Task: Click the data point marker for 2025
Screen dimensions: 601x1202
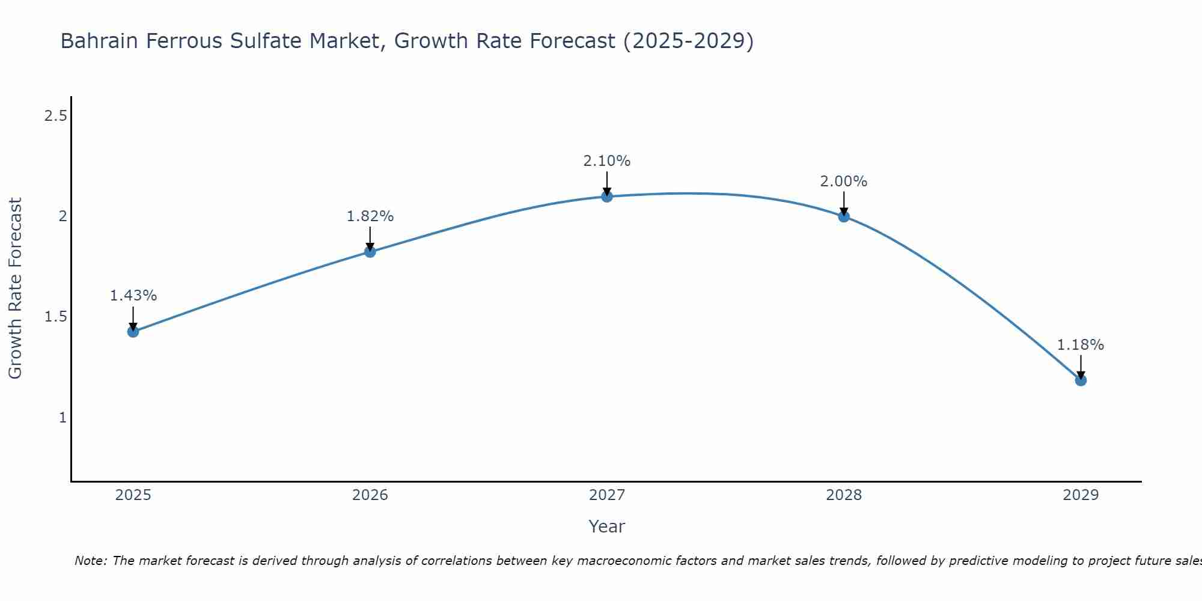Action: [x=133, y=331]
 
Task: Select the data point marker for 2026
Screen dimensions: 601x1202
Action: [x=370, y=252]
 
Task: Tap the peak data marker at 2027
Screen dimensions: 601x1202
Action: [x=606, y=196]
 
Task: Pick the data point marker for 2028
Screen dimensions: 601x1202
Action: [x=843, y=216]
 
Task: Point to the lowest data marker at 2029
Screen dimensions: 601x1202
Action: [x=1080, y=380]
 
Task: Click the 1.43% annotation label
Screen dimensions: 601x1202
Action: [x=133, y=296]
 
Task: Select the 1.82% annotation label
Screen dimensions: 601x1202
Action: [x=370, y=216]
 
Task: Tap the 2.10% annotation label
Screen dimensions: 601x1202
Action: [x=606, y=161]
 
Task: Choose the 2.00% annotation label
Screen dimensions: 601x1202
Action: [x=843, y=182]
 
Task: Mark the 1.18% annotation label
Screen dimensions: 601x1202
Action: [x=1080, y=345]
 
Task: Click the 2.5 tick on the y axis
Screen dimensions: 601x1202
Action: [x=55, y=116]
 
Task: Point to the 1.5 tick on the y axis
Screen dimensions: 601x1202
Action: [x=55, y=317]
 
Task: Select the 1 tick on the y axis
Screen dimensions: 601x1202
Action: [x=63, y=417]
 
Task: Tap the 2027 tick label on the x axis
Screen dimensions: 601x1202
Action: [x=606, y=495]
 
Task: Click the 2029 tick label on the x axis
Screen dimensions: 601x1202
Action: [x=1080, y=495]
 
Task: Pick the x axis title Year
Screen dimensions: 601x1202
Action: [x=606, y=526]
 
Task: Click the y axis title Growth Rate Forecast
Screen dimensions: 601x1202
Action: [x=15, y=288]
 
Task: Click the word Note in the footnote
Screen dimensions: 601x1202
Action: [x=90, y=561]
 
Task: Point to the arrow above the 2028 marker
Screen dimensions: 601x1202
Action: [x=843, y=203]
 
